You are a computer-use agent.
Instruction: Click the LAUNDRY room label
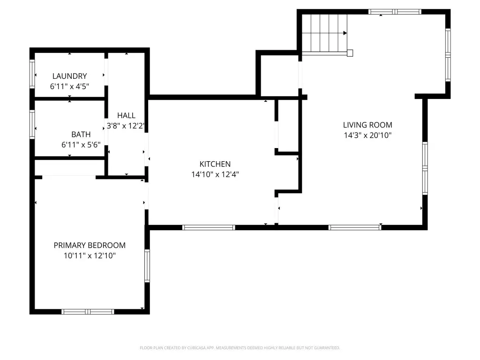pyautogui.click(x=69, y=76)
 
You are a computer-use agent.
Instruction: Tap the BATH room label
pyautogui.click(x=81, y=135)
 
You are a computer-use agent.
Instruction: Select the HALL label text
pyautogui.click(x=126, y=115)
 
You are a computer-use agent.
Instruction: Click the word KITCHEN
pyautogui.click(x=215, y=164)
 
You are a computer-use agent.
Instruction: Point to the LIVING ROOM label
pyautogui.click(x=367, y=125)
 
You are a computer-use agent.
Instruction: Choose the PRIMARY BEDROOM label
pyautogui.click(x=90, y=245)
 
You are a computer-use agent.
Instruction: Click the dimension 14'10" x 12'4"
pyautogui.click(x=215, y=174)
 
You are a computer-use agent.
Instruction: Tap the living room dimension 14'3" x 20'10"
pyautogui.click(x=367, y=135)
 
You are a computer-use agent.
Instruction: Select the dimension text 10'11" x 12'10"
pyautogui.click(x=90, y=255)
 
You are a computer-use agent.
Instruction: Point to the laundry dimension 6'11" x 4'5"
pyautogui.click(x=69, y=86)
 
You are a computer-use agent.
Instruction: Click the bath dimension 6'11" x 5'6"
pyautogui.click(x=81, y=145)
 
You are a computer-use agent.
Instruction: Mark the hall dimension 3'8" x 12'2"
pyautogui.click(x=126, y=126)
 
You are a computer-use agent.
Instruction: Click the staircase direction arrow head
pyautogui.click(x=345, y=33)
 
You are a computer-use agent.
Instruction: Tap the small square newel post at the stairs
pyautogui.click(x=350, y=53)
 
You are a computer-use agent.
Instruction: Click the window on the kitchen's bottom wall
pyautogui.click(x=209, y=227)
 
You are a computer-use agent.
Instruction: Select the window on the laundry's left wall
pyautogui.click(x=32, y=74)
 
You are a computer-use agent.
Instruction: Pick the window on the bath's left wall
pyautogui.click(x=32, y=124)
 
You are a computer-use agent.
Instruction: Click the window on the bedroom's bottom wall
pyautogui.click(x=88, y=312)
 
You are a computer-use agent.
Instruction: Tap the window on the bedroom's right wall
pyautogui.click(x=147, y=266)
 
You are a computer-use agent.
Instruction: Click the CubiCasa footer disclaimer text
pyautogui.click(x=240, y=348)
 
